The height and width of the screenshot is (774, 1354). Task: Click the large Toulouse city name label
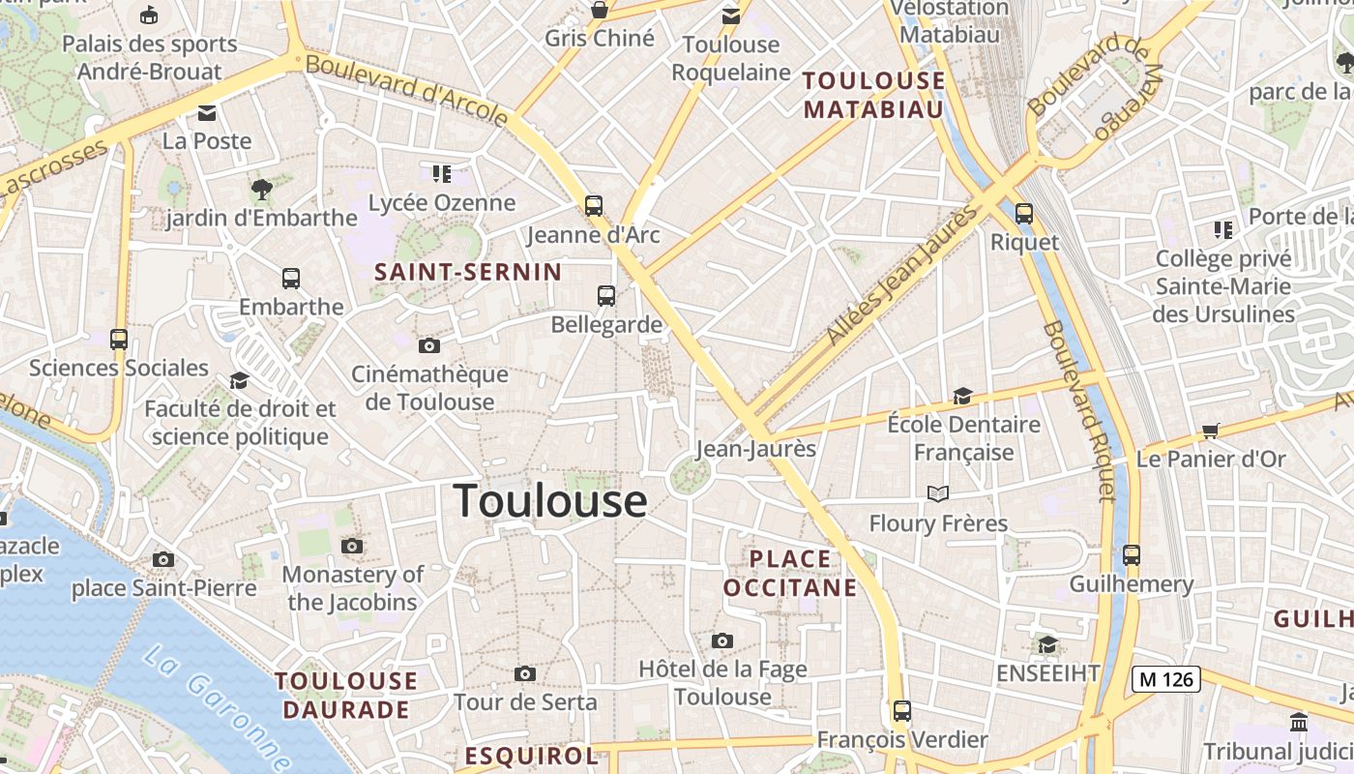(x=550, y=501)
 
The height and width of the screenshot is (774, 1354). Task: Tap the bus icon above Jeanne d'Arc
(x=593, y=205)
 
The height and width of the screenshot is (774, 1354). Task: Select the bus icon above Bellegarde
(x=606, y=296)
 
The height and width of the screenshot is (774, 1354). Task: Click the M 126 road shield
(x=1166, y=679)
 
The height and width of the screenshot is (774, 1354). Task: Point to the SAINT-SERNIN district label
(x=468, y=272)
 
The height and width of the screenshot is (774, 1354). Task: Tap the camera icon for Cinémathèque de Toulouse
(x=429, y=345)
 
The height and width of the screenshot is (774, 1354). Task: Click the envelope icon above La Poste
(x=207, y=113)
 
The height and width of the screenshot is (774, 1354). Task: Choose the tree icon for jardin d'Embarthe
(x=261, y=188)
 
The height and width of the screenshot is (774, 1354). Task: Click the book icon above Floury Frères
(x=938, y=494)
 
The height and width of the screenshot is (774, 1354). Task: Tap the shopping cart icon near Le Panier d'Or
(x=1210, y=431)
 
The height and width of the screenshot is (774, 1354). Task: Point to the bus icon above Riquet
(x=1024, y=214)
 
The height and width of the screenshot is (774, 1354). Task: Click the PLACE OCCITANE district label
(x=790, y=573)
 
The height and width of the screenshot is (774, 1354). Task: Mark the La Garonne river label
(x=215, y=707)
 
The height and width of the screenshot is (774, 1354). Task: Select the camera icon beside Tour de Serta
(x=525, y=673)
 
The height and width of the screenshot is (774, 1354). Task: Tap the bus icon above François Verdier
(x=902, y=711)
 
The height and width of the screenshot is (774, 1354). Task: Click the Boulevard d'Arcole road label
(x=406, y=89)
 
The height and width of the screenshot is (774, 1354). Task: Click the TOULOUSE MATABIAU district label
(x=873, y=95)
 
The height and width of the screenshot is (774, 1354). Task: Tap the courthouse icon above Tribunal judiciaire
(x=1299, y=723)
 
